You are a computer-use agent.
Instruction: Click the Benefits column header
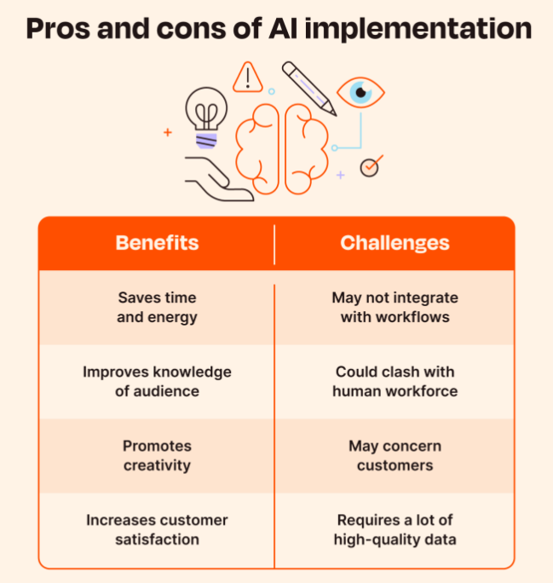click(157, 243)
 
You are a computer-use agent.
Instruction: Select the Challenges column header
click(395, 243)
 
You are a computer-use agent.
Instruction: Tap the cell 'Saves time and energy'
click(157, 307)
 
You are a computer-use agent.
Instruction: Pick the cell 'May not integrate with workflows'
click(395, 307)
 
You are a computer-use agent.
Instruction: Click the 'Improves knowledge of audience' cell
click(157, 381)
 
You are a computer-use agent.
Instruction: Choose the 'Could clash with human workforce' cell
click(395, 381)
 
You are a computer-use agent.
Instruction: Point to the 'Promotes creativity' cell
click(157, 455)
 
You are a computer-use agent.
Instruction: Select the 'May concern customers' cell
click(395, 455)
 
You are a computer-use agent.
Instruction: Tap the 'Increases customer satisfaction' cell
click(157, 529)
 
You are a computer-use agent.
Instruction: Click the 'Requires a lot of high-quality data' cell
click(395, 529)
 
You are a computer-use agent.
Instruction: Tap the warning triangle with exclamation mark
click(248, 77)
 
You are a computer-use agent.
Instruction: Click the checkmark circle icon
click(369, 166)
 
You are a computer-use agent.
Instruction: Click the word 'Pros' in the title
click(60, 29)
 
